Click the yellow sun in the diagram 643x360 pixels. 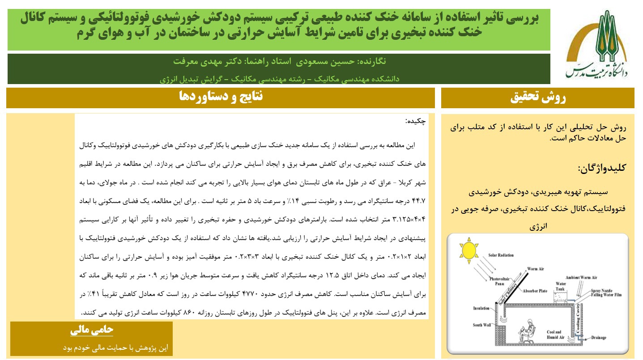pos(469,250)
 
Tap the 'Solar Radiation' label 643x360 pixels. pos(501,255)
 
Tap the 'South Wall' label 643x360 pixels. pos(482,325)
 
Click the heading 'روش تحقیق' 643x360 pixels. pos(538,98)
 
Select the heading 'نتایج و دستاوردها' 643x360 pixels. pos(221,96)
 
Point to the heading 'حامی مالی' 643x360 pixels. pos(92,330)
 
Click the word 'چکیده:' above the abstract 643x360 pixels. pos(415,121)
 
